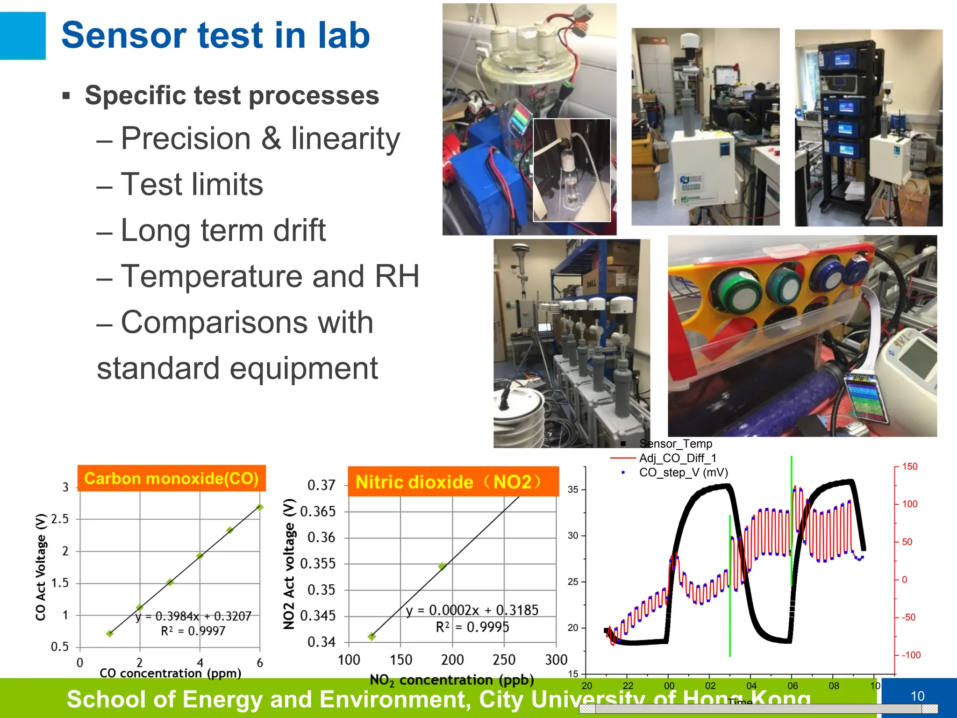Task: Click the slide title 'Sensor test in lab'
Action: tap(215, 36)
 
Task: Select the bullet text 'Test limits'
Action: tap(192, 184)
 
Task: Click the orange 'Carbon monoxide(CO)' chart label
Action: tap(171, 478)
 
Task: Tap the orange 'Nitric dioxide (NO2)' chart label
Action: tap(452, 481)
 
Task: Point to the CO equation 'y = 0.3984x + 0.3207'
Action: tap(193, 616)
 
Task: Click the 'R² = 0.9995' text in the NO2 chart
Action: tap(472, 627)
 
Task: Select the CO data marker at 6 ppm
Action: tap(260, 507)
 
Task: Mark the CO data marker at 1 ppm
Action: tap(110, 633)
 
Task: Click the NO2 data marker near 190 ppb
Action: tap(442, 566)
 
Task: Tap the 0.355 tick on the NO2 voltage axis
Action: tap(318, 563)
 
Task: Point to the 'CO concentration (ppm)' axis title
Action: tap(170, 673)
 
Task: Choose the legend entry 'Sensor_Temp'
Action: tap(675, 444)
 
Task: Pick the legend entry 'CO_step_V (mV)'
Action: tap(683, 473)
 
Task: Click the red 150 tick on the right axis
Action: tap(909, 467)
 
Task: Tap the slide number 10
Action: tap(918, 696)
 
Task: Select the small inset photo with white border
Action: tap(571, 170)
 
